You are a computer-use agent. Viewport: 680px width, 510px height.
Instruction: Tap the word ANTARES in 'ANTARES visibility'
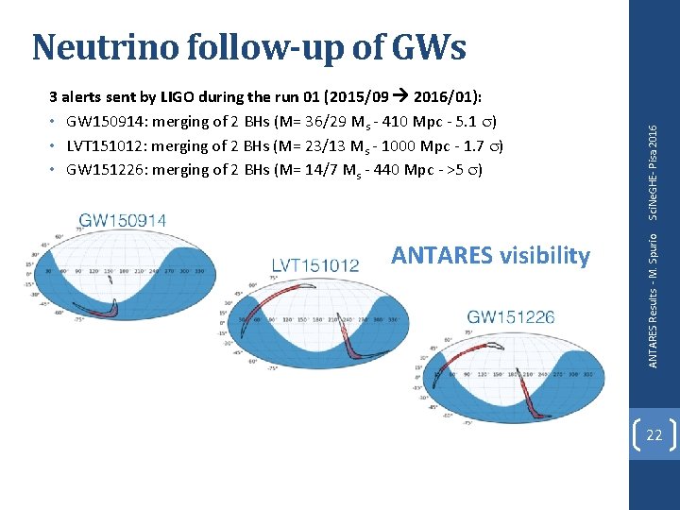click(x=441, y=255)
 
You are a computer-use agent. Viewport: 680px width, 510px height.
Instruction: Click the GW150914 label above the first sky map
click(x=123, y=221)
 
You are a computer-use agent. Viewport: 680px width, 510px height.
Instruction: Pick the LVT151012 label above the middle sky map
click(x=315, y=265)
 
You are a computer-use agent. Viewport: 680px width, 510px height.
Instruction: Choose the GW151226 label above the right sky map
click(x=511, y=317)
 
